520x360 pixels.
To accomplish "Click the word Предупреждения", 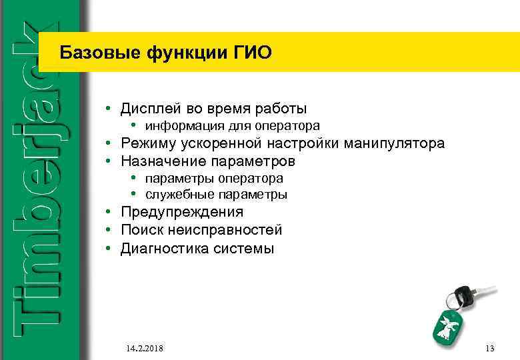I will click(182, 212).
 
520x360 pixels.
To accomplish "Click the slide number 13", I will click(490, 349).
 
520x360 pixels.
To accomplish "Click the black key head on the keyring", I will click(462, 293).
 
